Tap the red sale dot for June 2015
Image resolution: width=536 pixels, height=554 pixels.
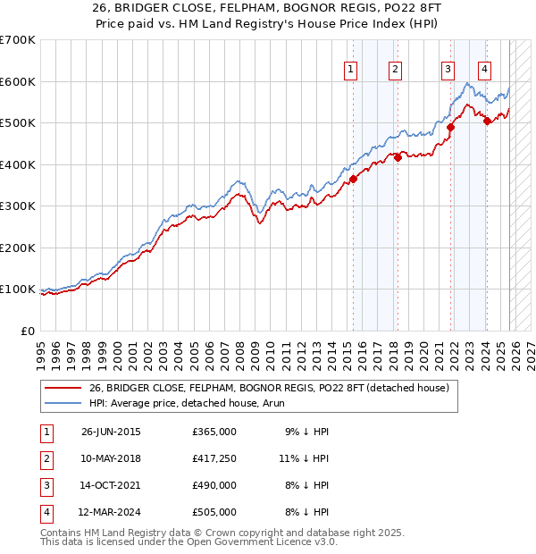click(x=354, y=179)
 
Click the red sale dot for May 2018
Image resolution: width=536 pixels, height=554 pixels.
click(x=398, y=157)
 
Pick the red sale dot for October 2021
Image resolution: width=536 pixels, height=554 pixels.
click(x=450, y=127)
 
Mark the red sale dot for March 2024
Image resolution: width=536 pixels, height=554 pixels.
click(x=487, y=121)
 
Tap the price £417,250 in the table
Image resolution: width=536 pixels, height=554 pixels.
click(x=214, y=458)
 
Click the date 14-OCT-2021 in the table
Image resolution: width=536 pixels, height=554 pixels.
click(x=111, y=485)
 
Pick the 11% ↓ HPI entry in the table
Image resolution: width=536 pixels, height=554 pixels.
click(x=304, y=458)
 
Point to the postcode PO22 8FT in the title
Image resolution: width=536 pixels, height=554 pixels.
click(x=384, y=6)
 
